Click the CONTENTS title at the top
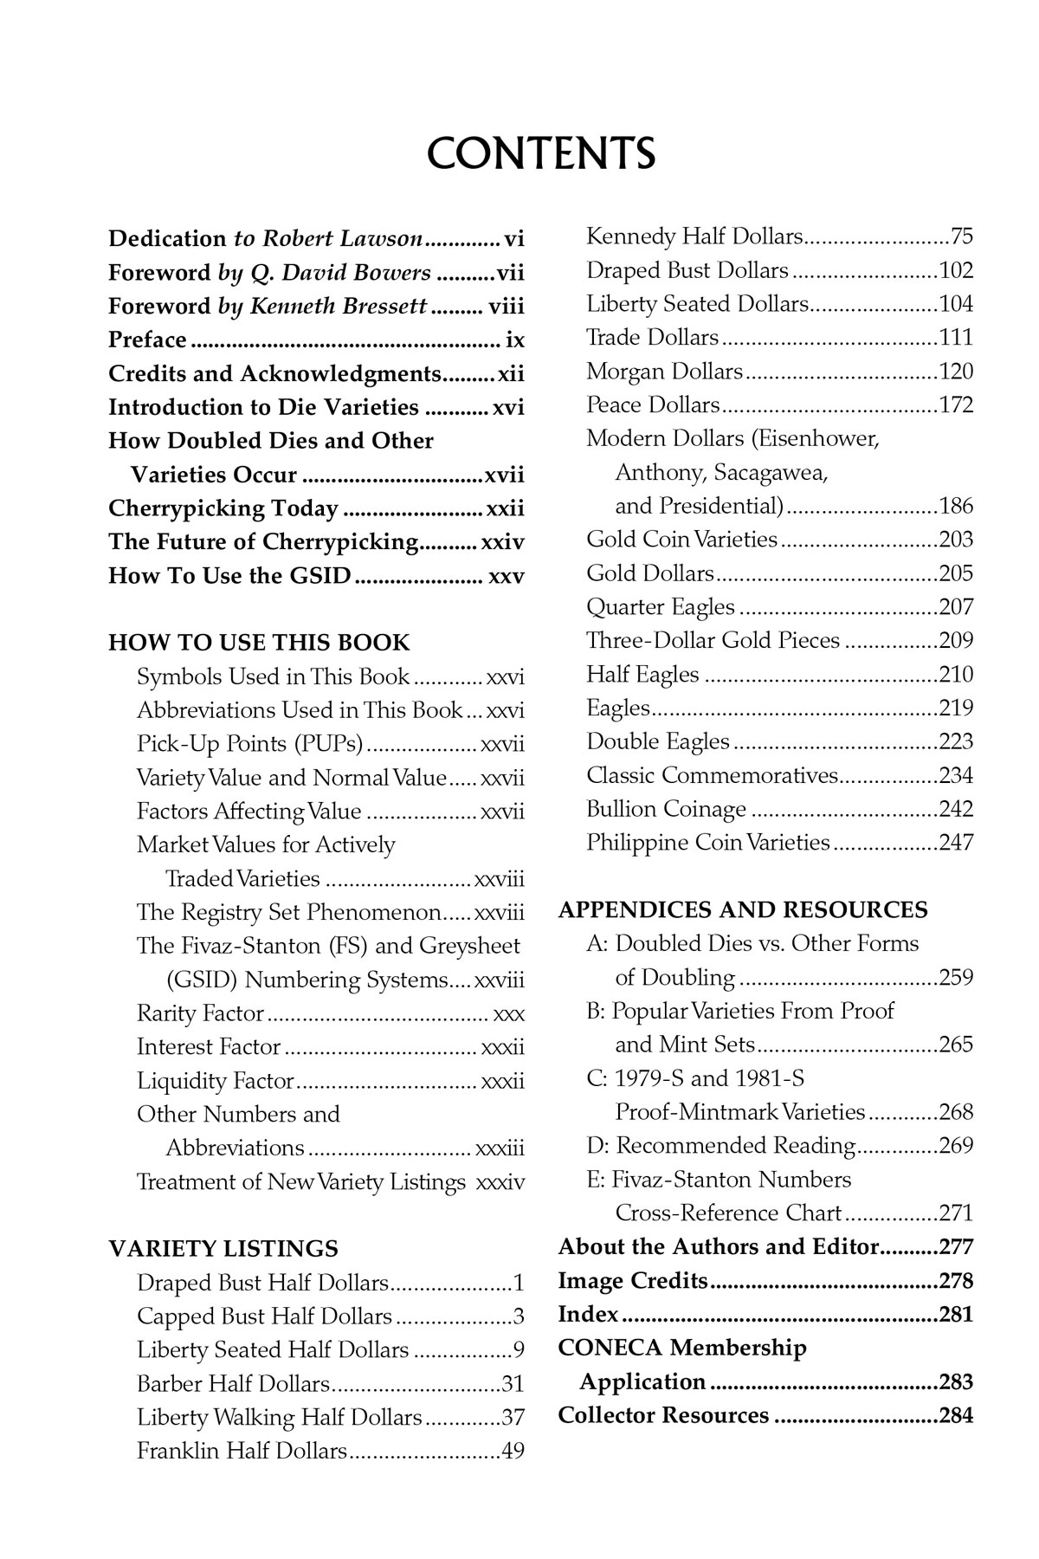coord(541,155)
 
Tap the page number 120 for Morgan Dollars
coord(956,372)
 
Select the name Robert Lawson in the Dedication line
coord(342,238)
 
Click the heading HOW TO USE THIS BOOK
coord(259,643)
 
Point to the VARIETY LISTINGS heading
coord(223,1248)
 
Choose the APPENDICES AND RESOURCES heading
coord(743,909)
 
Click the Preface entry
coord(147,340)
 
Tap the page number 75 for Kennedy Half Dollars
coord(961,236)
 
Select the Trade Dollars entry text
coord(652,338)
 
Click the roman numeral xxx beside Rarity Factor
coord(508,1013)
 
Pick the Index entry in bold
coord(588,1314)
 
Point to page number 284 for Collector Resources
coord(956,1415)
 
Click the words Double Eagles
coord(658,742)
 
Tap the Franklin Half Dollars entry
coord(242,1451)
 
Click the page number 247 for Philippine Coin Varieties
coord(956,843)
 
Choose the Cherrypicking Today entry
coord(223,508)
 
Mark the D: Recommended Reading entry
coord(720,1146)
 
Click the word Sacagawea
coord(771,473)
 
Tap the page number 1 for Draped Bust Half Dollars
coord(519,1283)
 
